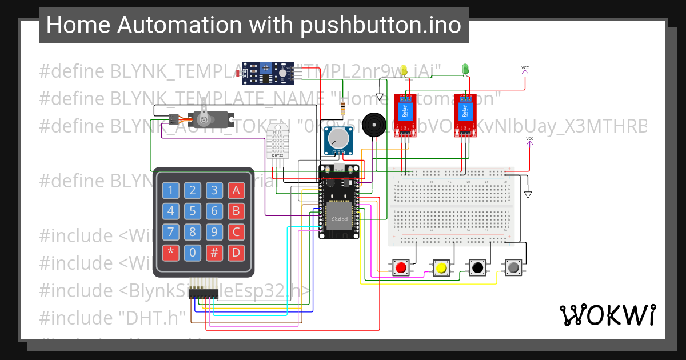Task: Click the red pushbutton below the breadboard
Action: click(401, 267)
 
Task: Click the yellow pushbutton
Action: click(441, 267)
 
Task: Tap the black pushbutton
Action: click(477, 267)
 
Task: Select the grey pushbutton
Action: click(513, 267)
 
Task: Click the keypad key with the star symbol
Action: click(170, 252)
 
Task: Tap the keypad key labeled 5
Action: click(193, 211)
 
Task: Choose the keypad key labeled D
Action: click(236, 252)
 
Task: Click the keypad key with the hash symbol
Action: click(214, 252)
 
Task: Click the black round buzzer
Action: click(374, 123)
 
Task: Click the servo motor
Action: click(209, 119)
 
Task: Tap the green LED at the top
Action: click(465, 69)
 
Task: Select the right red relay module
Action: click(466, 115)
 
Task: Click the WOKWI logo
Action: click(607, 315)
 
